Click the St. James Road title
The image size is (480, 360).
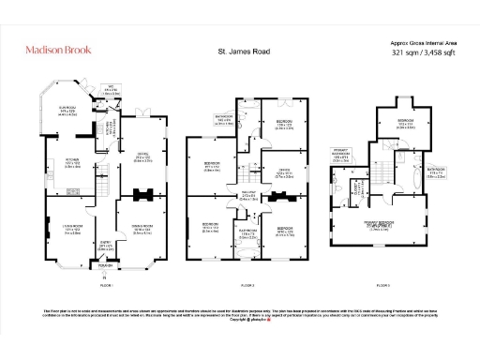[x=242, y=52]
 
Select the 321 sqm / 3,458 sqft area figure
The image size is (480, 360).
[x=424, y=53]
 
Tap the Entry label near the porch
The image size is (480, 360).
[x=105, y=248]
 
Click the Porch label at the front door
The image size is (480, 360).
[x=105, y=267]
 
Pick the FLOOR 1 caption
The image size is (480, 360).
[x=105, y=283]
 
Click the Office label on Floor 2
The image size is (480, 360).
[x=282, y=172]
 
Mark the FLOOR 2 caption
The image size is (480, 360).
[x=247, y=283]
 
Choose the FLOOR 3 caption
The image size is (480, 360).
[x=382, y=283]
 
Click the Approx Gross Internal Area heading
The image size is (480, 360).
[x=424, y=43]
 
